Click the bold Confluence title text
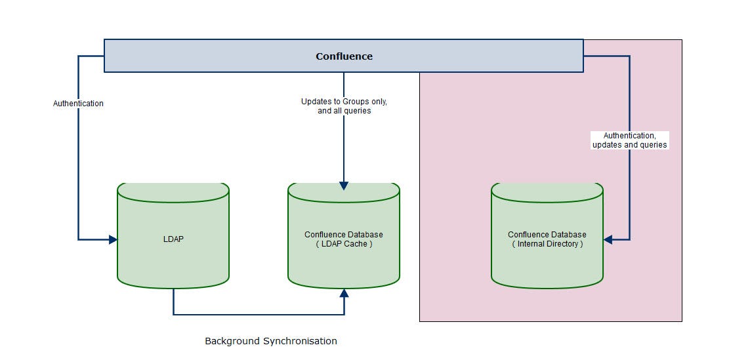click(x=344, y=56)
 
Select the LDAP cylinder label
click(x=173, y=239)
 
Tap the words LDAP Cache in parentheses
click(x=344, y=244)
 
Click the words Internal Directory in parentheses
click(x=548, y=244)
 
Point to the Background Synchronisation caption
click(x=271, y=342)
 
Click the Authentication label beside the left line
click(x=78, y=103)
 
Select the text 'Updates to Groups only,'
click(x=344, y=102)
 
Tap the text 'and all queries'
click(x=344, y=111)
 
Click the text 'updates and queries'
click(x=629, y=144)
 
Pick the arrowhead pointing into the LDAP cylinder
click(x=113, y=239)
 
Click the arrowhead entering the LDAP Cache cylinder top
click(x=344, y=186)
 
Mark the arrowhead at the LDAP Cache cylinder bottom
click(x=344, y=293)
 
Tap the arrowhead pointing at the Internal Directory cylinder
click(x=608, y=239)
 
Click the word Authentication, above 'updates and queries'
click(x=629, y=136)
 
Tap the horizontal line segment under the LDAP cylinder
click(x=259, y=315)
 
